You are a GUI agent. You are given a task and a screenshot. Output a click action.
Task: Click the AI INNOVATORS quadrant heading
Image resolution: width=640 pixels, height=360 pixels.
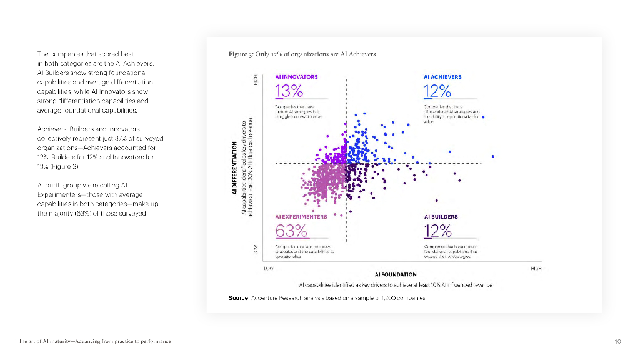tap(296, 77)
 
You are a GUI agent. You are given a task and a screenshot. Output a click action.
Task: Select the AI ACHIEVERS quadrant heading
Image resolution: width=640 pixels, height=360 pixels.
tap(442, 77)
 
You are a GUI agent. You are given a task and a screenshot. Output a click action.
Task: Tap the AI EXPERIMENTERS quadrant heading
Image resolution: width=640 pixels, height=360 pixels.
tap(301, 217)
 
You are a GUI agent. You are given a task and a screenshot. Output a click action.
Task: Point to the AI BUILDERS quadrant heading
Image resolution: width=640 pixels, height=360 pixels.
tap(441, 217)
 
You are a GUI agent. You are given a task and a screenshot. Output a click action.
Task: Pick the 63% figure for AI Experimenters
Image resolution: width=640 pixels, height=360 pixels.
tap(291, 231)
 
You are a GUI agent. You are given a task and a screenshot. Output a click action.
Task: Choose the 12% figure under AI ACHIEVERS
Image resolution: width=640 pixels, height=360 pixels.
tap(437, 91)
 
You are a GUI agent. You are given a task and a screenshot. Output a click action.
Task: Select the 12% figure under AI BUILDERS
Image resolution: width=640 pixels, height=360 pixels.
tap(437, 231)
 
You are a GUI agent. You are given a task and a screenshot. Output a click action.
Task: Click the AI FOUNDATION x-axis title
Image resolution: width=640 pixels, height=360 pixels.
tap(396, 274)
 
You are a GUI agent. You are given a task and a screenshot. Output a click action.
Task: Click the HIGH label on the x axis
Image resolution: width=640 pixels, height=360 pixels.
tap(536, 267)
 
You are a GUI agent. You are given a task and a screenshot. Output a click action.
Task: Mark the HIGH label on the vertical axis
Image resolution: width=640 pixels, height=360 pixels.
tap(256, 82)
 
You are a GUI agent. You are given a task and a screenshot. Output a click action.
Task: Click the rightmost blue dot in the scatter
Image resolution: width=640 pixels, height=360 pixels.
tap(493, 156)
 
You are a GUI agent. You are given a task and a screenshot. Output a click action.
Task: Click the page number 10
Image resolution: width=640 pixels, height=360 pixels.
tap(617, 341)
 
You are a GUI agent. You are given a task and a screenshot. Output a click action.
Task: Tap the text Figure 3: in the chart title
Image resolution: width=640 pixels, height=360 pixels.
tap(241, 54)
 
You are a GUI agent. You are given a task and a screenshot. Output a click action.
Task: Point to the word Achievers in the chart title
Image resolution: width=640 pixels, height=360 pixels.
tap(362, 54)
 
